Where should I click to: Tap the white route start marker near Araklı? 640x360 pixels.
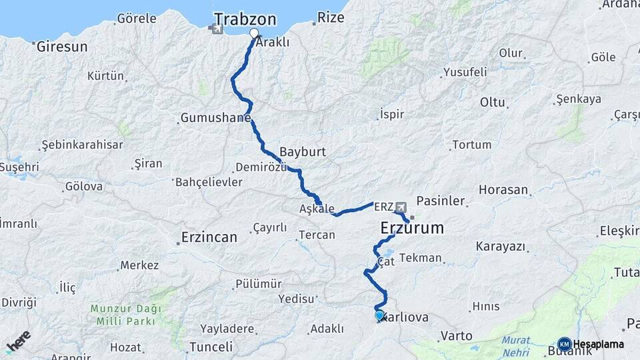pos(254,33)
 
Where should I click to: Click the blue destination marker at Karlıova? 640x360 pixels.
pos(379,315)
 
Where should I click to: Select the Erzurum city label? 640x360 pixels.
pos(412,228)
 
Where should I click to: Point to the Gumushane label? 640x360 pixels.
pos(215,118)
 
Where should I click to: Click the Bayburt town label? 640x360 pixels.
pos(303,151)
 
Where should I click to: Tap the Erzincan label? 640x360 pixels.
pos(209,237)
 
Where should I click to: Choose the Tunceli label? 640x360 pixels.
pos(211,347)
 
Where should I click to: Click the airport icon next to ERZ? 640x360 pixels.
pos(401,207)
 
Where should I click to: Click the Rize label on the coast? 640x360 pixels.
pos(331,17)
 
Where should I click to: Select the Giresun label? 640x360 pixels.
pos(62,47)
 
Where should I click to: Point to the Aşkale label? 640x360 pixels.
pos(317,209)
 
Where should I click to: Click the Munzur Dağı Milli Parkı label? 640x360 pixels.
pos(123,315)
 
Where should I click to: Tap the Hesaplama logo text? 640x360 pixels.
pos(599,344)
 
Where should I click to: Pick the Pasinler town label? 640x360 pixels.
pos(441,200)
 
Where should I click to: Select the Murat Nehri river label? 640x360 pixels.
pos(516,345)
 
